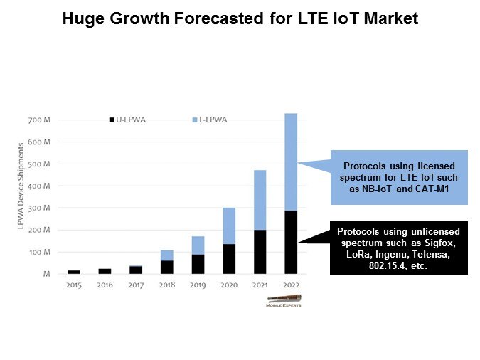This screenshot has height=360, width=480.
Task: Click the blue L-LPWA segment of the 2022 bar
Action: [290, 162]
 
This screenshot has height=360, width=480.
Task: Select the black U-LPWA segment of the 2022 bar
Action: [290, 242]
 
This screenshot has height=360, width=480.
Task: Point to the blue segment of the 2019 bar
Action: [198, 245]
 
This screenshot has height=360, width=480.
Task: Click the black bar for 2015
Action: [74, 272]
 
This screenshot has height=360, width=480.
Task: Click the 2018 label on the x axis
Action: [166, 285]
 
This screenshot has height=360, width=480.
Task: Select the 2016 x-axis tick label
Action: [105, 285]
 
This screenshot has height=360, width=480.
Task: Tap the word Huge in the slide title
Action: [82, 19]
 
